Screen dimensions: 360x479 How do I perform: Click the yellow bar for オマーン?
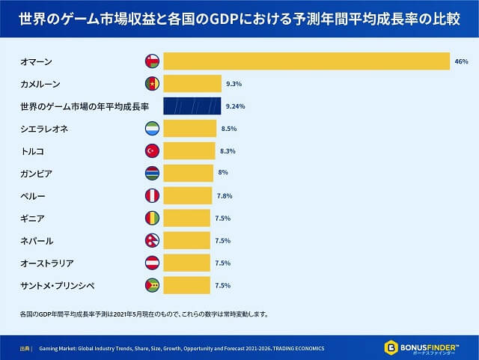(x=305, y=61)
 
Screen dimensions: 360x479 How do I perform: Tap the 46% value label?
(x=461, y=61)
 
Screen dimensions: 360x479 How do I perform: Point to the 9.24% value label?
(x=234, y=106)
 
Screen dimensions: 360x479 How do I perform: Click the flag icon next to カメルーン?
(x=152, y=83)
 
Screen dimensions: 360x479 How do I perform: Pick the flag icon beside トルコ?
(x=152, y=151)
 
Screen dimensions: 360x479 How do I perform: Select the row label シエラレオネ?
(x=46, y=129)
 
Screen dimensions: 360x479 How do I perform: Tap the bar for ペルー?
(x=187, y=195)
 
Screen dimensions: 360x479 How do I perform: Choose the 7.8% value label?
(x=225, y=196)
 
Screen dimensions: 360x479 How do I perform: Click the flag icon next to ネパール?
(x=152, y=240)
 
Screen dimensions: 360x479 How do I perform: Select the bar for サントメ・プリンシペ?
(x=186, y=285)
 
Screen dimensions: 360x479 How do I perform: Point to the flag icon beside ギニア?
(x=152, y=218)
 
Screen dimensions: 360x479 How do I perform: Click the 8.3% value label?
(x=228, y=151)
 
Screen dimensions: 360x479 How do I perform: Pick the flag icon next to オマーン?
(x=152, y=61)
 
